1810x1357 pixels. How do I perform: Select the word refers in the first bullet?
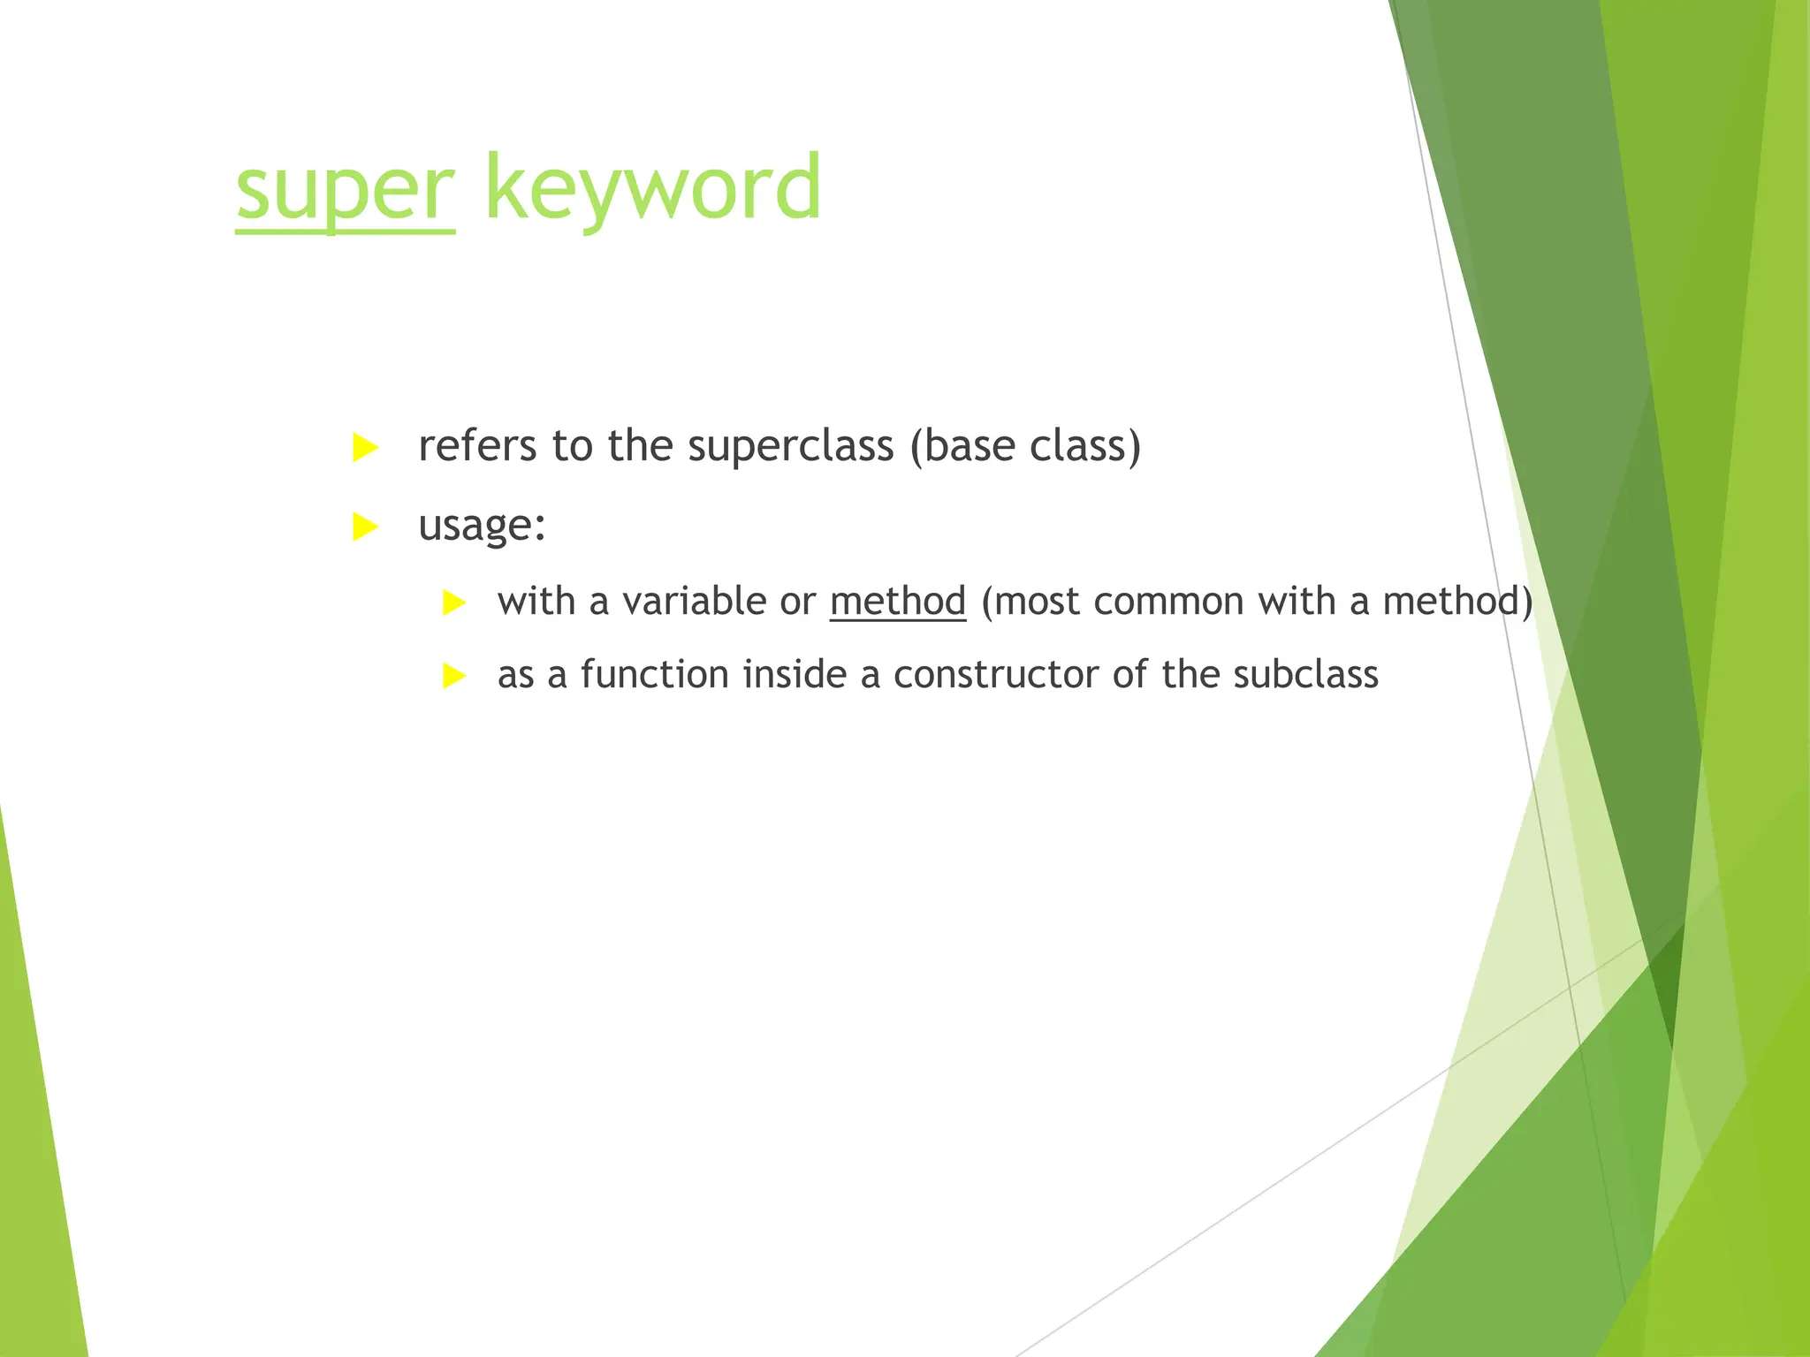click(x=476, y=446)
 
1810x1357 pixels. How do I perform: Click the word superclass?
click(x=791, y=446)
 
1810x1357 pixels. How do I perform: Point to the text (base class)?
click(x=1025, y=446)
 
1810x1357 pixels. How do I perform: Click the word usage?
click(x=482, y=527)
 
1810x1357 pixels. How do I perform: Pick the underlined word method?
click(x=897, y=603)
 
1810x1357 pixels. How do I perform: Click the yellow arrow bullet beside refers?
click(x=364, y=448)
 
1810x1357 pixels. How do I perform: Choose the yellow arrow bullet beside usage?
click(x=364, y=527)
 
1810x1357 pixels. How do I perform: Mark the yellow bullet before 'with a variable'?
click(x=453, y=603)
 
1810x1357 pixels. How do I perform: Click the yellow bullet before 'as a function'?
click(x=453, y=677)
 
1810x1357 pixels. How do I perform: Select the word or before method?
click(x=797, y=603)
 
